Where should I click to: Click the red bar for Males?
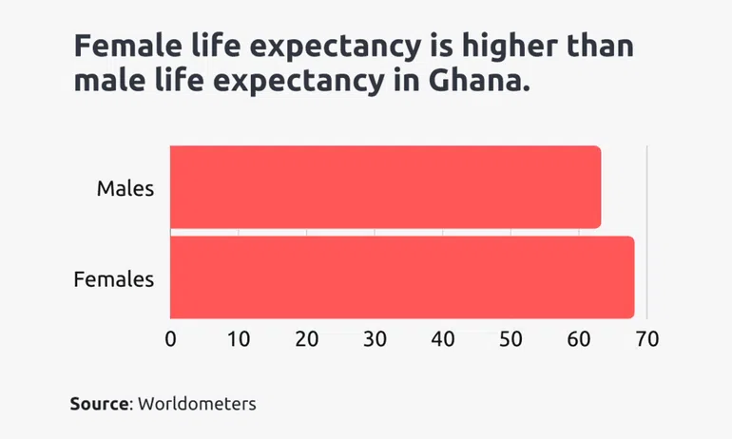click(x=385, y=187)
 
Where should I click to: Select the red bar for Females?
click(x=401, y=277)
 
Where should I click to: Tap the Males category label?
click(x=125, y=188)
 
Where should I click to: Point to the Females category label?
click(x=113, y=279)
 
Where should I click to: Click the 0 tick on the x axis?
click(x=171, y=338)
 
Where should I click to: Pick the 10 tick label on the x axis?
click(x=238, y=338)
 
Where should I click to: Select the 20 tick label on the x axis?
click(x=306, y=338)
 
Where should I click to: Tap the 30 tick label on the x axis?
click(x=375, y=338)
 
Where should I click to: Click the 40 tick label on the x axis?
click(x=442, y=338)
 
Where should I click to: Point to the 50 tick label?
click(x=510, y=338)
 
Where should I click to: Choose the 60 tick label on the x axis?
click(x=579, y=338)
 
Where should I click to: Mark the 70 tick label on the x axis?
click(x=646, y=338)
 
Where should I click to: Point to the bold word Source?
click(x=99, y=404)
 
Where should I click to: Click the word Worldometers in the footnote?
click(x=198, y=404)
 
